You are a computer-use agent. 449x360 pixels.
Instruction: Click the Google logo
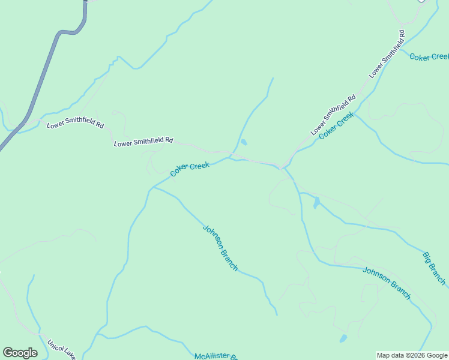tap(20, 353)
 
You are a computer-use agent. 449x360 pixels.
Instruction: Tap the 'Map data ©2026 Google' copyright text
tap(412, 355)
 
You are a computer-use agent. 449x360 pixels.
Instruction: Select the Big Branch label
tap(434, 268)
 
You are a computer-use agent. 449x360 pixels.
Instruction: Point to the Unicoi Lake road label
tap(62, 350)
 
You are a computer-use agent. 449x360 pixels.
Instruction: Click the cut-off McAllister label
tap(217, 356)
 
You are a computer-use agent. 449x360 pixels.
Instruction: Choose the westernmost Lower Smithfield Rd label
tap(75, 125)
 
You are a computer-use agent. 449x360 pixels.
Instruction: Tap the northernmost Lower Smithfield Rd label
tap(387, 53)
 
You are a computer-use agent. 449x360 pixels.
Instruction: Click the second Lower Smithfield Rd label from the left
tap(143, 142)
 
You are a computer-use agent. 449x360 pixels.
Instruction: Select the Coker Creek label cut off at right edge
tap(429, 56)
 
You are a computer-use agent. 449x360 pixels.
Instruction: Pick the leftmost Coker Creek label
tap(190, 168)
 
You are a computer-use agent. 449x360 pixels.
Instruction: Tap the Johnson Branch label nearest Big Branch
tap(387, 283)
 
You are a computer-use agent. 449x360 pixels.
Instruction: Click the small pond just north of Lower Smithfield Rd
tap(243, 143)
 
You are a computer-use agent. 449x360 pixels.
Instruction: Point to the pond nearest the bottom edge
tap(343, 338)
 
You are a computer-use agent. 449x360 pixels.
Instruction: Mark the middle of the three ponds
tap(316, 203)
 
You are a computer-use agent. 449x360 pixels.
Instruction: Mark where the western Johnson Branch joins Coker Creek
tap(152, 187)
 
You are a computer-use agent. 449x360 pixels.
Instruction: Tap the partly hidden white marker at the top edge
tap(421, 1)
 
